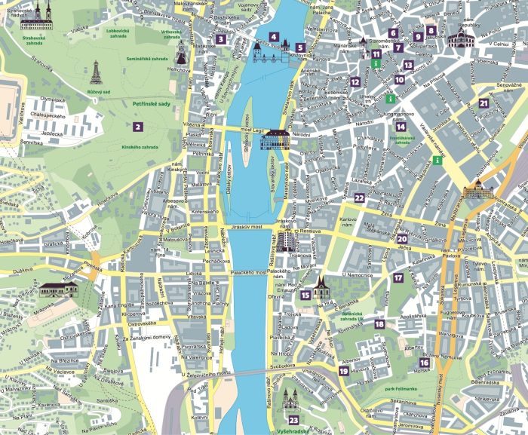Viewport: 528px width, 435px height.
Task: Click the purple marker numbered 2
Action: pyautogui.click(x=137, y=127)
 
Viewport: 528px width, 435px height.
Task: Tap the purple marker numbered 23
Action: pyautogui.click(x=293, y=420)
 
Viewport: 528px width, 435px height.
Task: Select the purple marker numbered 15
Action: pyautogui.click(x=305, y=296)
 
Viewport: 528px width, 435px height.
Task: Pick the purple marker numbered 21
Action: pyautogui.click(x=483, y=104)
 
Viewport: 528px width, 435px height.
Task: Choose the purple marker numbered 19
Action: pyautogui.click(x=343, y=371)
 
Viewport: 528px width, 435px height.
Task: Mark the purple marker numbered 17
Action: pyautogui.click(x=398, y=277)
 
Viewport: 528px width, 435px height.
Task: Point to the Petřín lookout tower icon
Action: pyautogui.click(x=96, y=72)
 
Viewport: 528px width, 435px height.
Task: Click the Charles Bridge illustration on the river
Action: pyautogui.click(x=266, y=54)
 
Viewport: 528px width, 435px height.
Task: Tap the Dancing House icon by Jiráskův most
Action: pyautogui.click(x=286, y=240)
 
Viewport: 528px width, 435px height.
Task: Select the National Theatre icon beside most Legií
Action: pyautogui.click(x=276, y=139)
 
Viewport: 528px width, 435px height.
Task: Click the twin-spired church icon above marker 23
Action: pyautogui.click(x=292, y=398)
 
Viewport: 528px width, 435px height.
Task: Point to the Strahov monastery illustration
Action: pyautogui.click(x=35, y=16)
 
